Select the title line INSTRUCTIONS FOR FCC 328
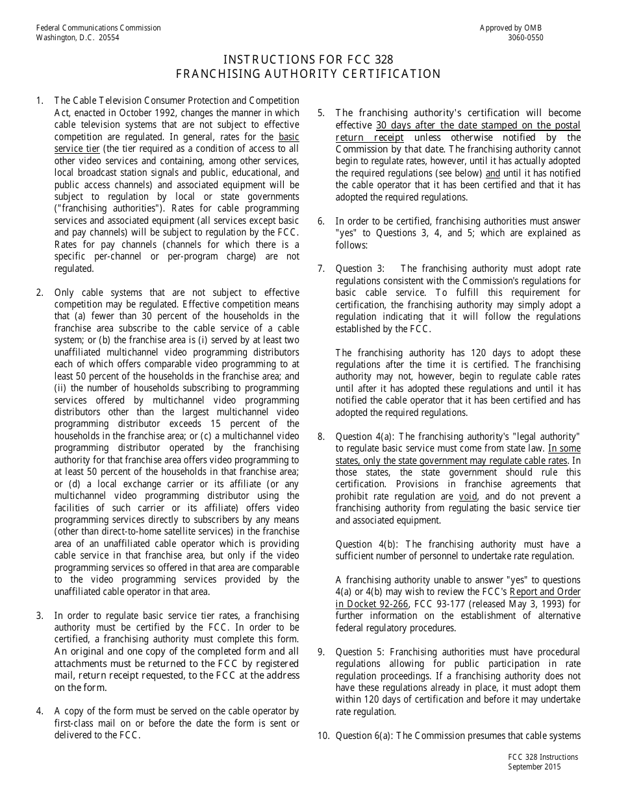[308, 60]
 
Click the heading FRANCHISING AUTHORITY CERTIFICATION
[308, 74]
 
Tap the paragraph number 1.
[40, 101]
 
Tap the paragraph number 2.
[40, 293]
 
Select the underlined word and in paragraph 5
[493, 173]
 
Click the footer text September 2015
[535, 767]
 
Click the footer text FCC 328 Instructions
[543, 757]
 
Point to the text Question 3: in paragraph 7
[359, 269]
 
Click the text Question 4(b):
[367, 544]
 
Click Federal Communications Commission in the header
[99, 28]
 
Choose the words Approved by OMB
[510, 28]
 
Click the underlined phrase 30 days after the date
[425, 125]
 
